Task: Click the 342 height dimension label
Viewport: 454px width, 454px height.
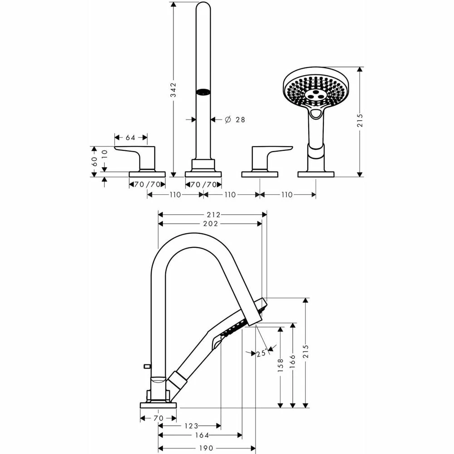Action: click(x=173, y=90)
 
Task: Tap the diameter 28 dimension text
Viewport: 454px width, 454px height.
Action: click(x=235, y=119)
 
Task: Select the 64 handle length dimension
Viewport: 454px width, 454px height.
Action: click(x=131, y=137)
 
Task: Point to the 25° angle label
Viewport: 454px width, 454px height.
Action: click(x=261, y=354)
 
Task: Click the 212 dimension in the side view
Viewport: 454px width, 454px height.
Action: click(x=213, y=214)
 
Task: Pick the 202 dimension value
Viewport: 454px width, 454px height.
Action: click(x=211, y=223)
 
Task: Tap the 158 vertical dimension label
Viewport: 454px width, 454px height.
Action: click(x=281, y=366)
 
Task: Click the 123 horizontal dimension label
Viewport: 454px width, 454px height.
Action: click(x=192, y=426)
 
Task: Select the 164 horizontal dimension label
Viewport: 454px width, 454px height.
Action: click(x=202, y=435)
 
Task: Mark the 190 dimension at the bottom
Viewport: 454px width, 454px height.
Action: click(x=207, y=448)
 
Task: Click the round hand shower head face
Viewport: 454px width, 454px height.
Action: click(x=313, y=90)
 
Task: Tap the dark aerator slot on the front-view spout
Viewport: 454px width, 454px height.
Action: click(x=203, y=92)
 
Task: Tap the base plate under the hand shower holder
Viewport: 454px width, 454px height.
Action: click(x=316, y=174)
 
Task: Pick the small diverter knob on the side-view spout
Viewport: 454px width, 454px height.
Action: click(x=146, y=365)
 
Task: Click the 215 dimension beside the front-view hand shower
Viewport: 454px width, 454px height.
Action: click(x=360, y=120)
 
